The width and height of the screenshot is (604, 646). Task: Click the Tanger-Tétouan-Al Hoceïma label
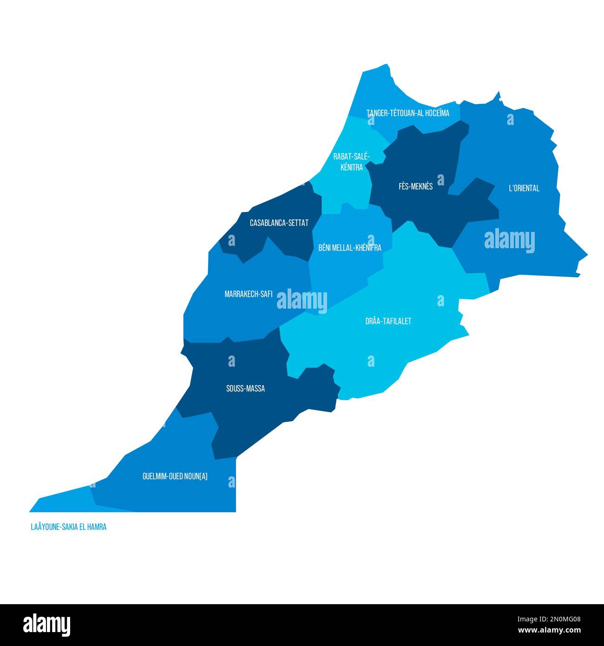point(407,113)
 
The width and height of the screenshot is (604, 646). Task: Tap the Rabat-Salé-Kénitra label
point(351,162)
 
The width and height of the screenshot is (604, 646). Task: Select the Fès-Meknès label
point(415,186)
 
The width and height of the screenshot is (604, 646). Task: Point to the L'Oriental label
point(524,188)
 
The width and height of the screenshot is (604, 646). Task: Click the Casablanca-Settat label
point(279,223)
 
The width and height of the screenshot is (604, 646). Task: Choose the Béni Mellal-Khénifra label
point(349,248)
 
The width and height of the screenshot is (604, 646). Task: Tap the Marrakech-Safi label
point(248,294)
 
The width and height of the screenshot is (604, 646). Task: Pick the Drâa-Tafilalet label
point(388,321)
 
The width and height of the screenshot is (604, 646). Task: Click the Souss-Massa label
point(245,389)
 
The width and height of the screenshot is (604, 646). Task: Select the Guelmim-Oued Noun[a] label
point(175,476)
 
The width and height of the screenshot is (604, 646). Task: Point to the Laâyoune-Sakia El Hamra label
point(68,527)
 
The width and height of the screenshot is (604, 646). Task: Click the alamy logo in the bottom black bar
point(47,625)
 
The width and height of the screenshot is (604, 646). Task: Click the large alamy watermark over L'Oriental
point(509,240)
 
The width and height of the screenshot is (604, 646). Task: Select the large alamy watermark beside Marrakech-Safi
point(302,300)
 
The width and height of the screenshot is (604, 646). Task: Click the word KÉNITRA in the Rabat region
point(351,167)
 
